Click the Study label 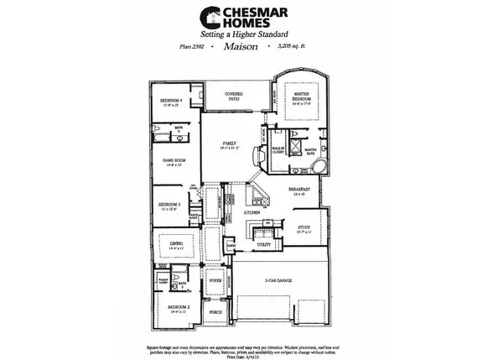303,227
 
